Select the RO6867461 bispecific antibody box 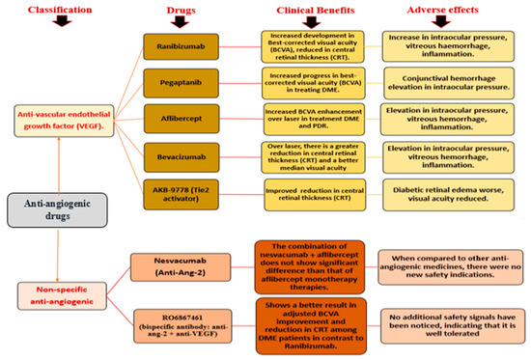pyautogui.click(x=176, y=323)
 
